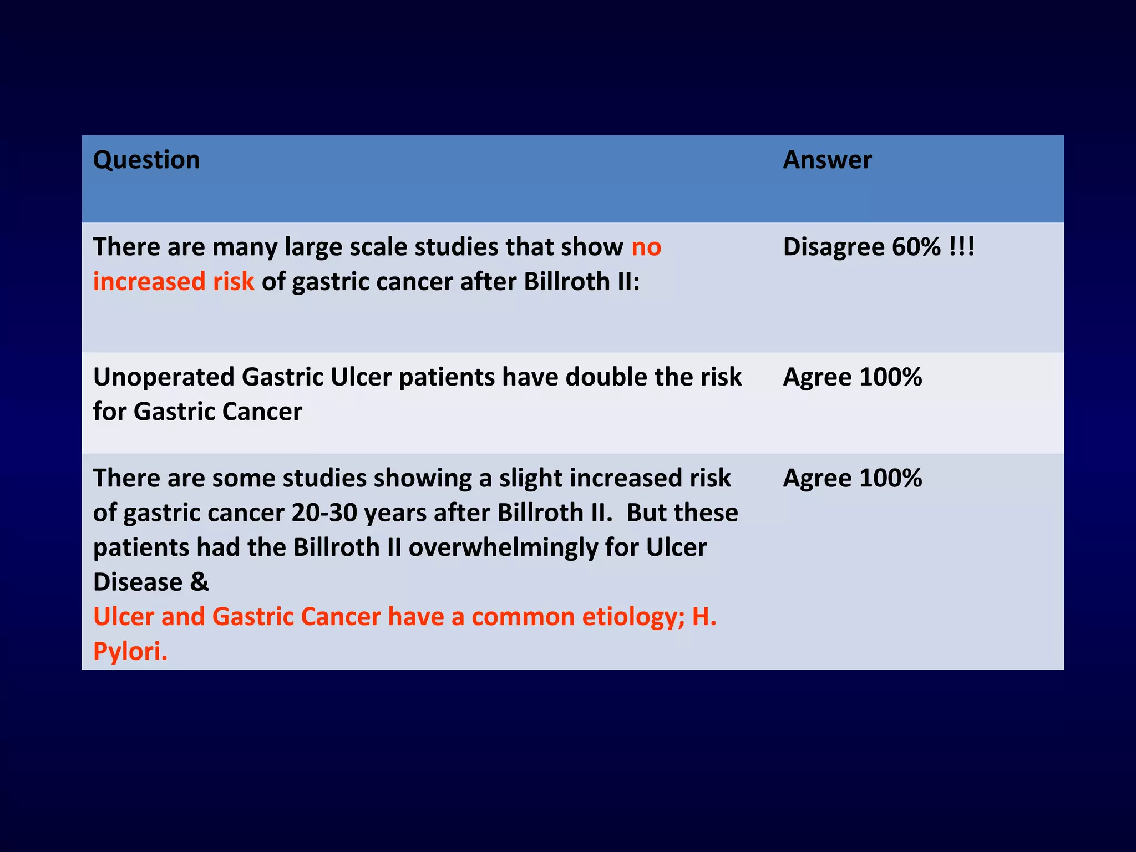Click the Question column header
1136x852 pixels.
pos(146,160)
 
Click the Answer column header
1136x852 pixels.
pos(827,160)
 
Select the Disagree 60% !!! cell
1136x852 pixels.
pos(879,247)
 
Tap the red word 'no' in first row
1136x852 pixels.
pos(646,247)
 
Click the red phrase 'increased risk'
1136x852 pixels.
pos(173,282)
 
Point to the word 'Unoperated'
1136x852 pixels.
pos(164,378)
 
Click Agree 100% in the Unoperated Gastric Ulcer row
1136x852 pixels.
pos(853,378)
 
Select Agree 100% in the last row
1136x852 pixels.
pos(853,479)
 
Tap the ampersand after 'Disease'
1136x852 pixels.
pos(199,582)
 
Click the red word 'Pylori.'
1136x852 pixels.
pos(130,652)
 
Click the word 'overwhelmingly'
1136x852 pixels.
pos(503,548)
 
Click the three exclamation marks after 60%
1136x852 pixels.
pos(961,247)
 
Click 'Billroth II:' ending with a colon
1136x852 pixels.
pos(581,282)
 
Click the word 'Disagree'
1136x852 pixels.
pos(834,247)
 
